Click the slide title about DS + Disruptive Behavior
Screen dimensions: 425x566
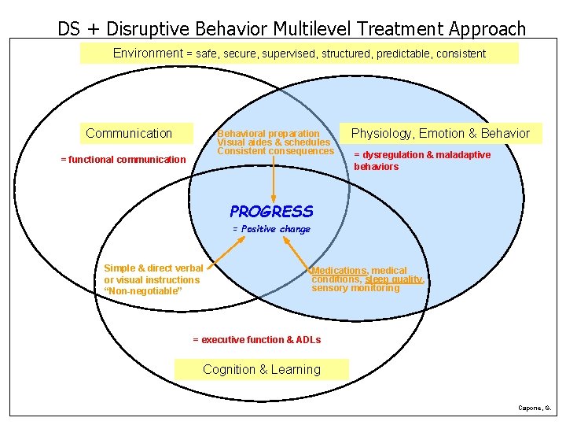[x=292, y=29]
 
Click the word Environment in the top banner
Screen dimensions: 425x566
[x=148, y=54]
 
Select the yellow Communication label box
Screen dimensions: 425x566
[x=129, y=133]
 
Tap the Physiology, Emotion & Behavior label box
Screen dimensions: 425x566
[x=440, y=133]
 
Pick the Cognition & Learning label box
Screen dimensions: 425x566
[x=262, y=369]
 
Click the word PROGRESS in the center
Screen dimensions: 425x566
[x=271, y=211]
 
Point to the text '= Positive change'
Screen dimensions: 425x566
[x=271, y=229]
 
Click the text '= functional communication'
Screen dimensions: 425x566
[x=123, y=160]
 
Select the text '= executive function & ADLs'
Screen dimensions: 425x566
[x=257, y=340]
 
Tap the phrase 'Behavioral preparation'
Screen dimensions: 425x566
[x=269, y=134]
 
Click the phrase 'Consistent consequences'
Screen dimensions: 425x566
[x=276, y=151]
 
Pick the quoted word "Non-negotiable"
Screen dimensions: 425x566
[x=143, y=291]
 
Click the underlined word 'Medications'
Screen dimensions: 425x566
[x=340, y=271]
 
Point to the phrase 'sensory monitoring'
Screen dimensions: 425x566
[x=355, y=288]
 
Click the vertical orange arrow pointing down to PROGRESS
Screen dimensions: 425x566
[x=273, y=177]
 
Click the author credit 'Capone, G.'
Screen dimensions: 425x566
[x=535, y=408]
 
